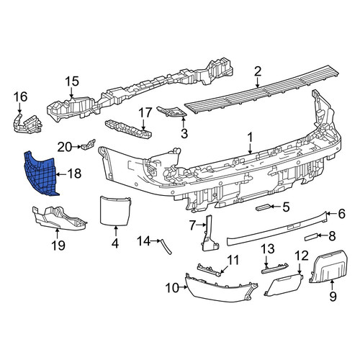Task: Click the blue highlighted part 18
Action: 41,174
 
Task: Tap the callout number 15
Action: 72,81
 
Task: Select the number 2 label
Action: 257,71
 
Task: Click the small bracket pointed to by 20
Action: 89,145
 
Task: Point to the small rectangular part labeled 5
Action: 264,207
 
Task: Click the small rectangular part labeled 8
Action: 312,238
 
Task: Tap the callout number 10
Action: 172,287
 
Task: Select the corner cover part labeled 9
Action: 328,266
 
